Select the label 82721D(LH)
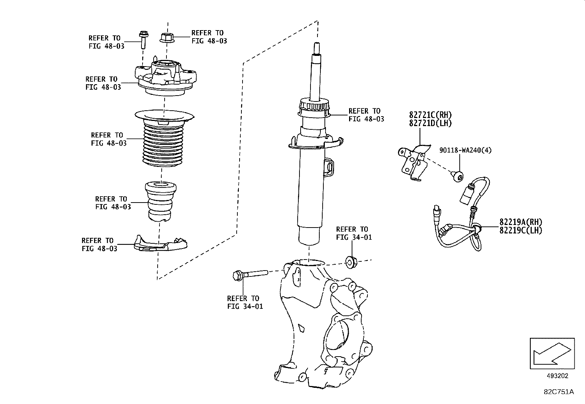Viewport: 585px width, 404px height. pyautogui.click(x=430, y=123)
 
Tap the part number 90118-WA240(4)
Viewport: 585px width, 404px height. pyautogui.click(x=465, y=150)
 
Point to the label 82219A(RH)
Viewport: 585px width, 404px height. pyautogui.click(x=520, y=222)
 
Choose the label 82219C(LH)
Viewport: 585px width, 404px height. pyautogui.click(x=520, y=230)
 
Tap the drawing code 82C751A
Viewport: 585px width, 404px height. pyautogui.click(x=559, y=392)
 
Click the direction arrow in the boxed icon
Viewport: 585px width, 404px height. pyautogui.click(x=551, y=353)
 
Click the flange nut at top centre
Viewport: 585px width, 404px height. pyautogui.click(x=167, y=37)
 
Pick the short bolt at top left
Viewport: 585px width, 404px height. pyautogui.click(x=143, y=40)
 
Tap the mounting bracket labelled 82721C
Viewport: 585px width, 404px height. pyautogui.click(x=413, y=162)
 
